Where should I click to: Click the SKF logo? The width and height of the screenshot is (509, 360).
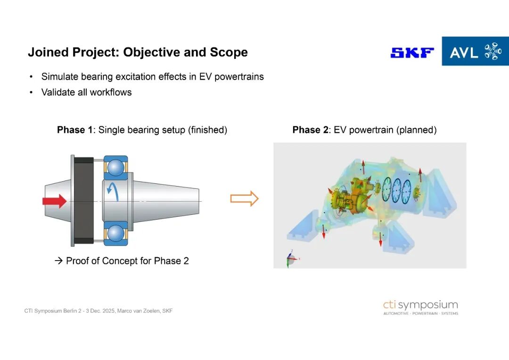pyautogui.click(x=412, y=53)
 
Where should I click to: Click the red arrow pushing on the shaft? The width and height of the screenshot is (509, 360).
pyautogui.click(x=55, y=201)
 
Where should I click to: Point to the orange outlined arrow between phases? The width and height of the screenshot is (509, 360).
pyautogui.click(x=244, y=198)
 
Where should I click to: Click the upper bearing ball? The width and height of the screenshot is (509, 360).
pyautogui.click(x=115, y=167)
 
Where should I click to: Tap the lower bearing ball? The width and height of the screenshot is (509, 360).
pyautogui.click(x=115, y=233)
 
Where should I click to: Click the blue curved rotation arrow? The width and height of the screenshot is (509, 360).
pyautogui.click(x=113, y=191)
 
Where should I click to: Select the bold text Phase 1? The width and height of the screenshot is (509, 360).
pyautogui.click(x=75, y=130)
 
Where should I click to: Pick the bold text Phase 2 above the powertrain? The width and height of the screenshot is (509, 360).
pyautogui.click(x=311, y=130)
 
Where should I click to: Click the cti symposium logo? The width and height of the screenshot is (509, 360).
pyautogui.click(x=421, y=307)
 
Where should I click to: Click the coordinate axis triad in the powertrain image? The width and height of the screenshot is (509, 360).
pyautogui.click(x=292, y=258)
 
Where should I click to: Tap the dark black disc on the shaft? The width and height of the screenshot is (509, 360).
pyautogui.click(x=84, y=201)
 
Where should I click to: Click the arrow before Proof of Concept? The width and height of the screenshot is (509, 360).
pyautogui.click(x=58, y=261)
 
